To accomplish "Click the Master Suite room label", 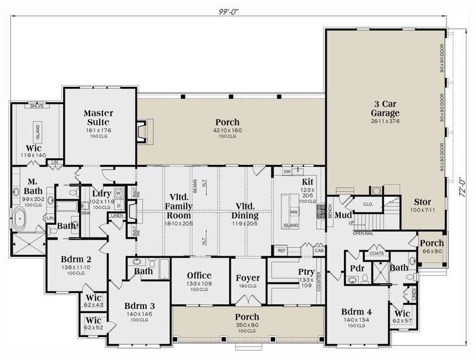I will click(x=98, y=118).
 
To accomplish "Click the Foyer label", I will click(x=247, y=278).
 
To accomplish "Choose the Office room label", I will click(x=199, y=275).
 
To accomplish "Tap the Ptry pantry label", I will click(x=306, y=272).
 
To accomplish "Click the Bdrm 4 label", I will click(x=356, y=312).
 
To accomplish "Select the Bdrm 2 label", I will click(x=75, y=260).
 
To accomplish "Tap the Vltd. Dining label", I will click(x=238, y=211).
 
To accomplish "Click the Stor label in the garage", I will click(x=423, y=202).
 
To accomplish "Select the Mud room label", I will click(x=343, y=215).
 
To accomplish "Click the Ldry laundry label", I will click(x=101, y=193).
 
